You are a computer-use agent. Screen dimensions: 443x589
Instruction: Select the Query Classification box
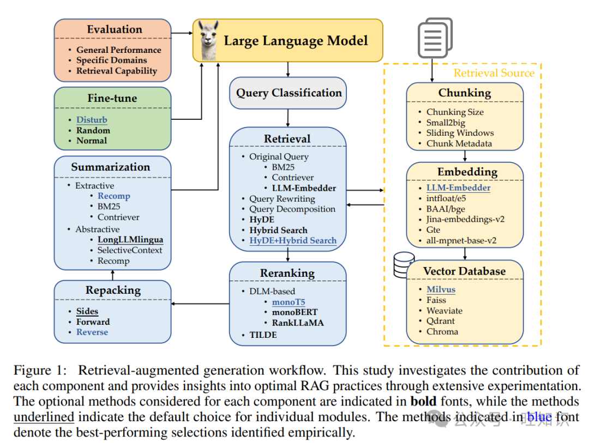click(x=288, y=93)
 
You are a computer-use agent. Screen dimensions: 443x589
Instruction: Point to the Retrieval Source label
click(x=494, y=73)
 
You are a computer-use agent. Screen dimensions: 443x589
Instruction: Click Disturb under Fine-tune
click(x=92, y=120)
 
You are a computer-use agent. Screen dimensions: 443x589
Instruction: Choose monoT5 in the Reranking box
click(x=289, y=302)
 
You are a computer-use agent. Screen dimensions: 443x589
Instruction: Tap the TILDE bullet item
click(x=263, y=334)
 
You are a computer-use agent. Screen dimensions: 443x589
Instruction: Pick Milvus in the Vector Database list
click(x=441, y=289)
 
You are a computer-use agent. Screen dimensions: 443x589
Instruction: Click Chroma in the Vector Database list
click(x=442, y=331)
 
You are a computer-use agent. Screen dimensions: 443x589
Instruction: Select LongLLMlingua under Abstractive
click(x=130, y=239)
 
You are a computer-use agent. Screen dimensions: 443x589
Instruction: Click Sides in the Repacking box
click(x=87, y=311)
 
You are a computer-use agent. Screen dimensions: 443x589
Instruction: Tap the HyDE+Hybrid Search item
click(x=293, y=240)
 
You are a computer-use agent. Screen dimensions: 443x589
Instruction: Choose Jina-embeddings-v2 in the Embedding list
click(x=465, y=219)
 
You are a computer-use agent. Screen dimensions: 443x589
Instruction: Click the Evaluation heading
click(x=115, y=29)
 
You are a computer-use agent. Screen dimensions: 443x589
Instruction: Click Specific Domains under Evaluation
click(x=112, y=60)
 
